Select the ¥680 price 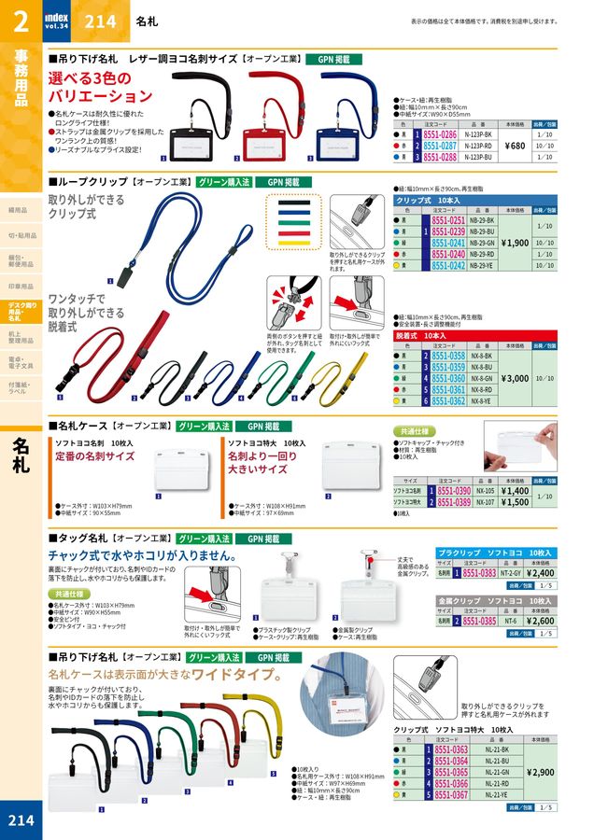click(x=515, y=146)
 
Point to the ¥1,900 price click(x=515, y=243)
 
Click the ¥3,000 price click(x=515, y=378)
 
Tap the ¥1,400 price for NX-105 click(x=515, y=490)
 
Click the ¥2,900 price click(x=541, y=772)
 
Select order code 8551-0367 click(x=448, y=795)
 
